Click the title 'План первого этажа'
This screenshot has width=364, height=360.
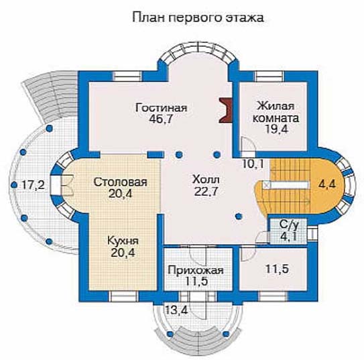198,18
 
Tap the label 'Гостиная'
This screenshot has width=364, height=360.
162,108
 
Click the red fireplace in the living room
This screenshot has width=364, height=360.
226,110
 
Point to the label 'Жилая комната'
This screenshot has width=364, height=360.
276,112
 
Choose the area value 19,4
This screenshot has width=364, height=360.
276,129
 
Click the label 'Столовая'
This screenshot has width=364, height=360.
120,182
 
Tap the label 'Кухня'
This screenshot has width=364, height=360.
123,241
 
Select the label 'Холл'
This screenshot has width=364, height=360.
206,180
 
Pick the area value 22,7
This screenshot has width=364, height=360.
206,191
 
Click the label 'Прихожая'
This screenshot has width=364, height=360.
196,270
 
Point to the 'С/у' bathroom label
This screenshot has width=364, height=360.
288,225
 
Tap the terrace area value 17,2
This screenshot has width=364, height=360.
34,185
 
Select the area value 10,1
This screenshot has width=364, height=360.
253,164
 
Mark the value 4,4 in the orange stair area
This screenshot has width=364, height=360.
327,184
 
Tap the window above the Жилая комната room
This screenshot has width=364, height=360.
269,76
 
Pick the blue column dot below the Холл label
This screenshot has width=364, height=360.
239,216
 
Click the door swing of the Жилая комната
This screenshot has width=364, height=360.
248,144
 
